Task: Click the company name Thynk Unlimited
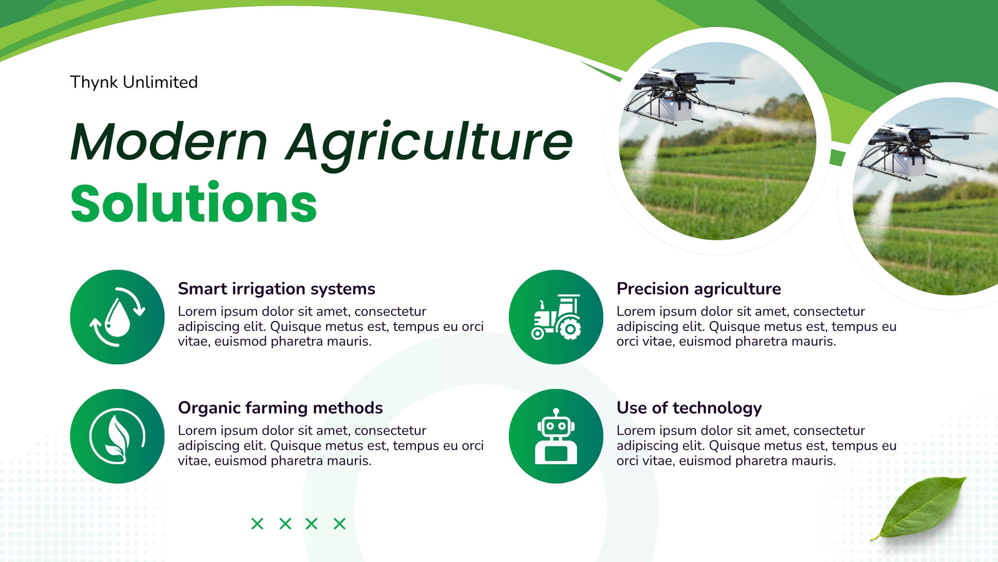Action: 133,82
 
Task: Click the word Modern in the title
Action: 169,141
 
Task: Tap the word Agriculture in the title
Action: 429,145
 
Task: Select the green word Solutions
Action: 194,202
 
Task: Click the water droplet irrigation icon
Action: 117,317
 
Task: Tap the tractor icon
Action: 556,317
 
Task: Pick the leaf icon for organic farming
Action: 117,436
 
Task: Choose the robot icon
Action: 556,436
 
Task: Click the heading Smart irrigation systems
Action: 276,289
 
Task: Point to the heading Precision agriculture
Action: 699,289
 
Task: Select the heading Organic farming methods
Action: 280,408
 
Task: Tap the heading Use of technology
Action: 689,408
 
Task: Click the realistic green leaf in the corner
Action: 921,507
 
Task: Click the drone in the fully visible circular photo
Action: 686,96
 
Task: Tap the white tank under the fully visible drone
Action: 675,109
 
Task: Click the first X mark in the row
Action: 257,524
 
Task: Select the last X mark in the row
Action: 339,524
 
